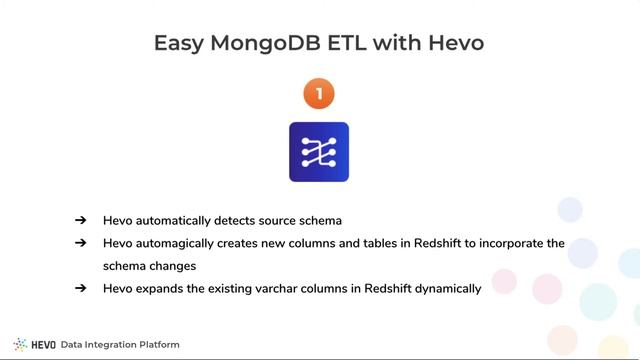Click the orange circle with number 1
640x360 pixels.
click(x=319, y=94)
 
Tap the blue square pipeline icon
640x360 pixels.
click(x=319, y=152)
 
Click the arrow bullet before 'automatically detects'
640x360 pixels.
click(x=80, y=220)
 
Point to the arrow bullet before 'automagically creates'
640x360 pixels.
click(x=80, y=243)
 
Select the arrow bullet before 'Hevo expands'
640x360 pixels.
click(x=80, y=289)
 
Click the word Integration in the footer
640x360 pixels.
click(x=106, y=345)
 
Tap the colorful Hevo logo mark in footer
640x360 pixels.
click(x=20, y=345)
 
